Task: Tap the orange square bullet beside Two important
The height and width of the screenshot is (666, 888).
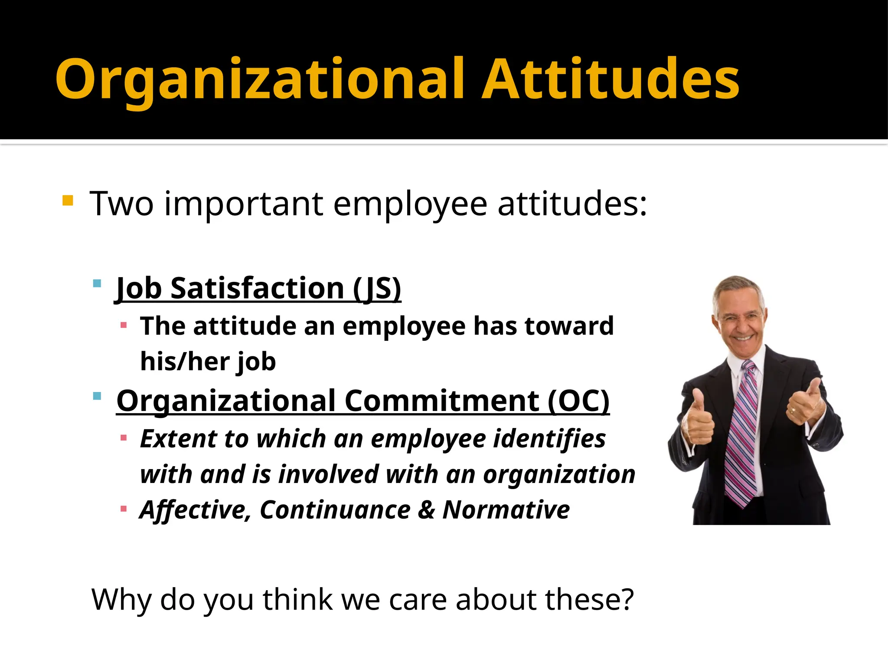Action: [68, 200]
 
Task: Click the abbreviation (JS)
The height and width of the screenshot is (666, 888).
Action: [377, 288]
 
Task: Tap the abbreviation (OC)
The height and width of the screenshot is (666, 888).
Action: [578, 401]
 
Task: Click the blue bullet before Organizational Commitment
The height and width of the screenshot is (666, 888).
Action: [97, 396]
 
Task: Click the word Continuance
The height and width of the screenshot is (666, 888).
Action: [335, 509]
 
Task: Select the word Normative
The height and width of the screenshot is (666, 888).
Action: [506, 509]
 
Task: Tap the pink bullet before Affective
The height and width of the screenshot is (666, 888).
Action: [124, 509]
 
